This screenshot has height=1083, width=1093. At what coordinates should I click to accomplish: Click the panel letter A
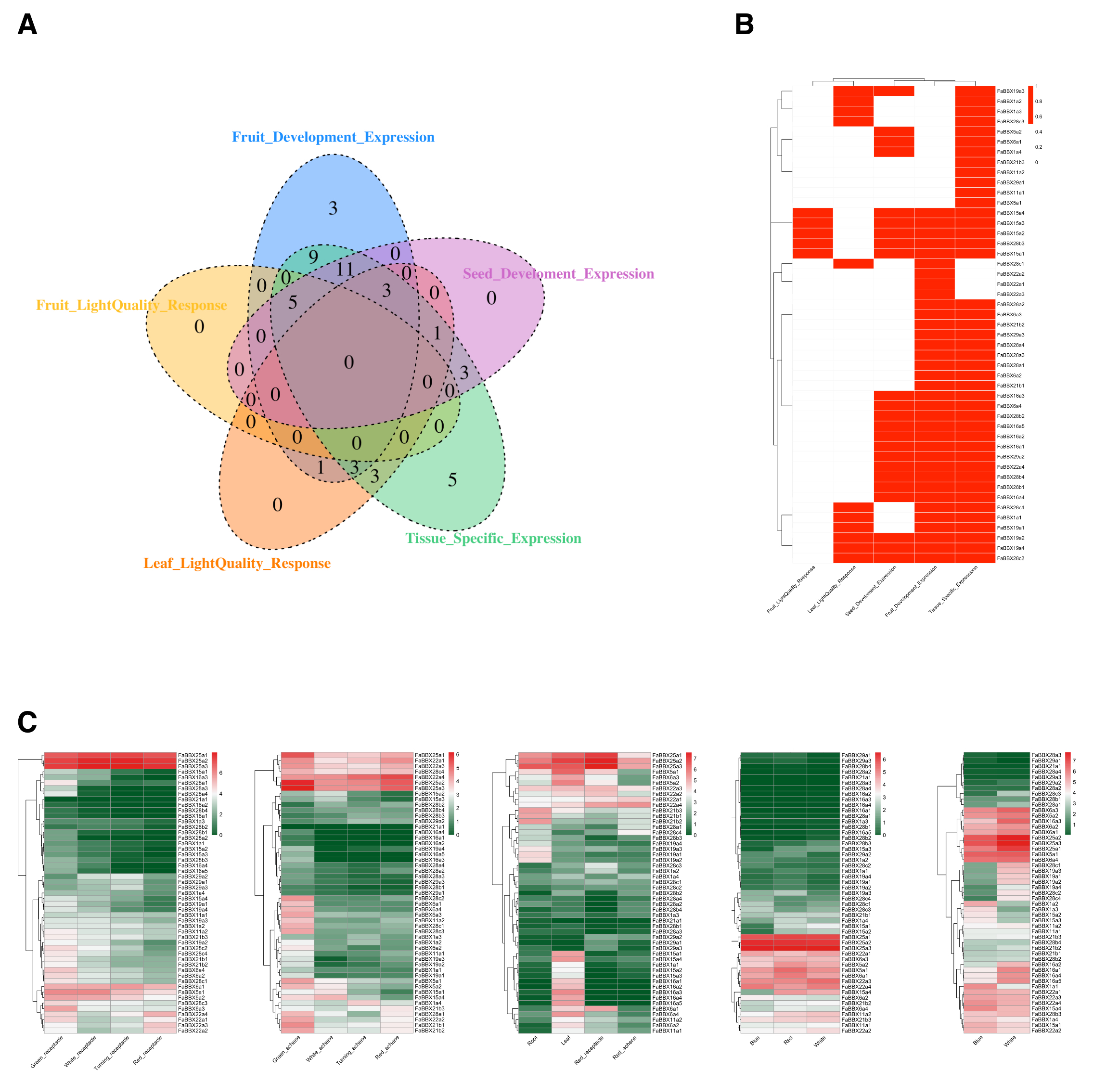(27, 25)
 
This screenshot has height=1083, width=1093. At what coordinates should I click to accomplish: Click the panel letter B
(744, 25)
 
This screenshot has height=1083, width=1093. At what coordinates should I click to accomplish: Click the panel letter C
(27, 722)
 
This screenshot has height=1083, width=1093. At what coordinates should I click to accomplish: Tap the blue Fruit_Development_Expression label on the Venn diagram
(333, 138)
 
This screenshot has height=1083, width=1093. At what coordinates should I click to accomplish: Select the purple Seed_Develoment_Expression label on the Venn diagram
(558, 274)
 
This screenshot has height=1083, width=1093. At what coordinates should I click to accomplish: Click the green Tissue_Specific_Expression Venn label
(493, 539)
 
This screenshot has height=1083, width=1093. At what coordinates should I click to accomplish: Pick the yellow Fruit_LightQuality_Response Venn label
(131, 306)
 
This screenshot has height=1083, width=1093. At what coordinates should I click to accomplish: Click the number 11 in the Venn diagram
(345, 270)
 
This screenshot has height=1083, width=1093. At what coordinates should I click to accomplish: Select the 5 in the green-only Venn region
(452, 480)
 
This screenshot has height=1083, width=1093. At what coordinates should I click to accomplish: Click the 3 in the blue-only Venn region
(333, 209)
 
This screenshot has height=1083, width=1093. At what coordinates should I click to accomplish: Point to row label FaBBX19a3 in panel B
(1010, 91)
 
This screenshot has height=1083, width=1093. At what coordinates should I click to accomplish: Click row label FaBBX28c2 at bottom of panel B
(1010, 558)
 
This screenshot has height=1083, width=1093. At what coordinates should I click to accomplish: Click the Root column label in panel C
(532, 1040)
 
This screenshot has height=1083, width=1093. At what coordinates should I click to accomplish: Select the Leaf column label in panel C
(565, 1040)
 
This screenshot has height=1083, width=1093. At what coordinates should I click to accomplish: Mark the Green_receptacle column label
(47, 1051)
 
